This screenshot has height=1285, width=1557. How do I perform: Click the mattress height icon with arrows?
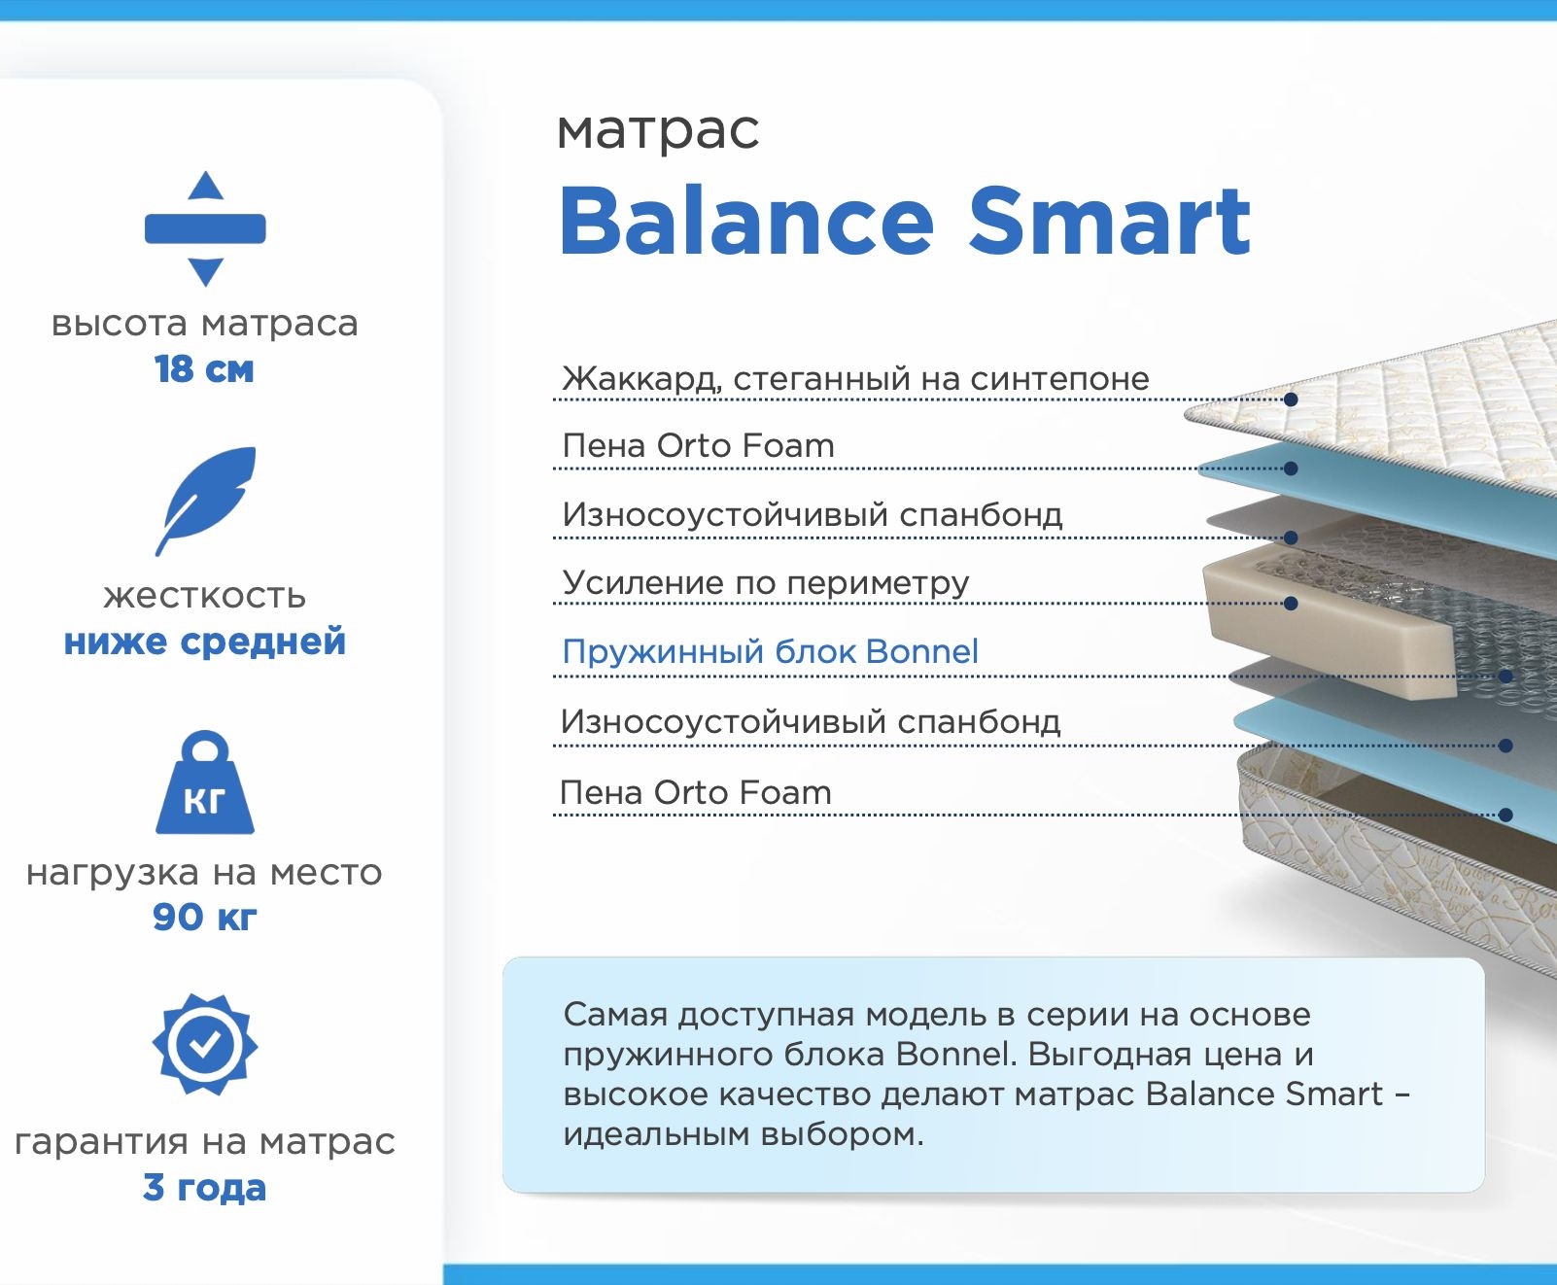click(205, 228)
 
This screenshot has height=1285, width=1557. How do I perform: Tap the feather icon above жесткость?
click(205, 501)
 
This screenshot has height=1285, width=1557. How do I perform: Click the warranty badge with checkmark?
click(205, 1044)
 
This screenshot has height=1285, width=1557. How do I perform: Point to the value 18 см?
click(204, 369)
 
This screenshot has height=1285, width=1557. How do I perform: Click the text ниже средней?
click(205, 642)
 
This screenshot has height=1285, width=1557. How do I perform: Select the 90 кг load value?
click(205, 917)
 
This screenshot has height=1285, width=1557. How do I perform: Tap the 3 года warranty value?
click(205, 1188)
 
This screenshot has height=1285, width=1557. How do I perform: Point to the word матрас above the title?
click(658, 130)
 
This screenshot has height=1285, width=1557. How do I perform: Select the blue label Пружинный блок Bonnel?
click(770, 651)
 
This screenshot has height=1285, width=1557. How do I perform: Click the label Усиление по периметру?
click(766, 582)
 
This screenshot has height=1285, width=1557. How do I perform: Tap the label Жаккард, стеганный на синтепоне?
click(855, 378)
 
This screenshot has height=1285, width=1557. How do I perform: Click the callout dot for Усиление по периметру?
click(1291, 604)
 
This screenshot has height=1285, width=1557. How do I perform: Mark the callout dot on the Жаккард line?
click(1291, 399)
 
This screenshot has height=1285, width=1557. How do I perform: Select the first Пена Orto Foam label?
click(698, 445)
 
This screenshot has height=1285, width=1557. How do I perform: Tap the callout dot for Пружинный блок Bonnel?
click(1505, 676)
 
